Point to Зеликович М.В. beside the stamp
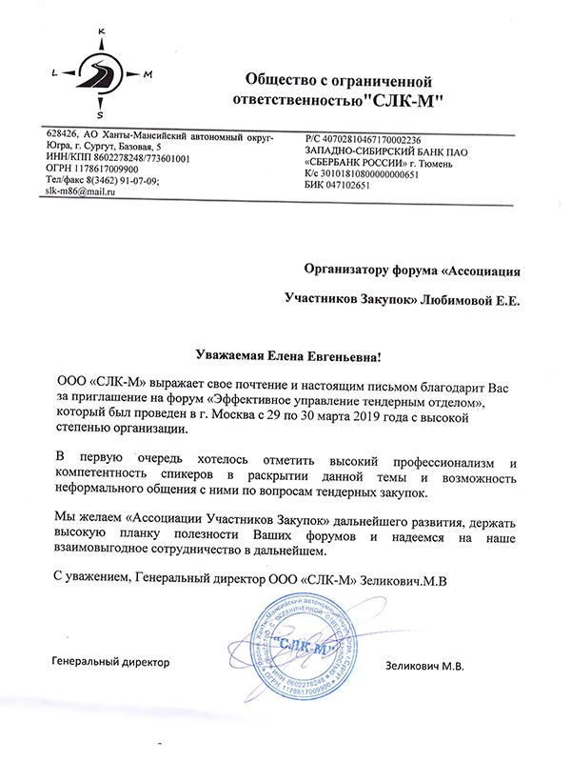(x=424, y=665)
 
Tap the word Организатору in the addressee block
(x=347, y=271)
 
